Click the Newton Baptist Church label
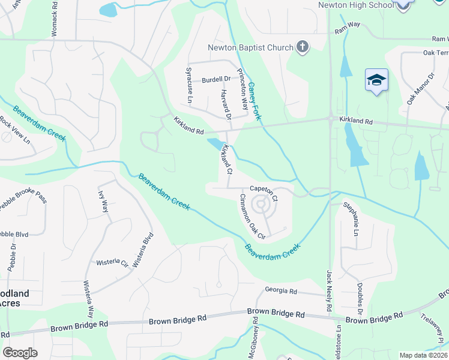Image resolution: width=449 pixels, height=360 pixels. coord(250,47)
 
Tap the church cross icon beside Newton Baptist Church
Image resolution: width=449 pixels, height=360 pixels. coord(303,47)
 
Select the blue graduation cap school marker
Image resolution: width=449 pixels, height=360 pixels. coord(376,80)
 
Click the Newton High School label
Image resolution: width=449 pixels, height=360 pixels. coord(357,5)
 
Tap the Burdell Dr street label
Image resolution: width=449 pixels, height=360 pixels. coord(216,79)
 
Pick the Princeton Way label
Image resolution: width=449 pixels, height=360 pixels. coord(243,89)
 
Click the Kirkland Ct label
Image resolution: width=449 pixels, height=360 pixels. coord(227,158)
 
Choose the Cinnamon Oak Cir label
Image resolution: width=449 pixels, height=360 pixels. coord(252,216)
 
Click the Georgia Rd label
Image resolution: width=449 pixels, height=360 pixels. coord(281,292)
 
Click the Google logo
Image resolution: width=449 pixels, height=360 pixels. coord(20,353)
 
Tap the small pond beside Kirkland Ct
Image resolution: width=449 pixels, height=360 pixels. coord(214,144)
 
